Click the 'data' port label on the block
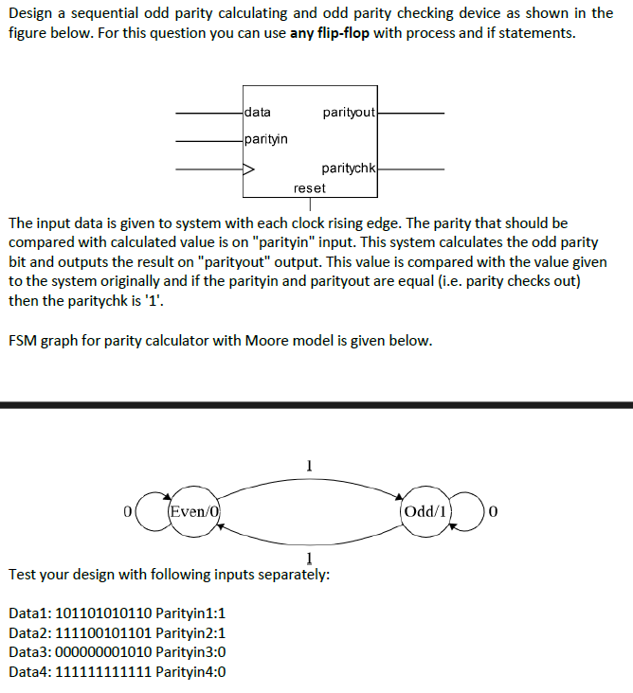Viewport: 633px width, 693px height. click(x=258, y=113)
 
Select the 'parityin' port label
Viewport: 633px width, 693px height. click(x=266, y=139)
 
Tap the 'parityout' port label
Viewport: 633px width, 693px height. click(x=349, y=114)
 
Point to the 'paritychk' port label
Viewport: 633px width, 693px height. click(x=349, y=169)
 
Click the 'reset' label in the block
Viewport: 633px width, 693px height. click(x=310, y=187)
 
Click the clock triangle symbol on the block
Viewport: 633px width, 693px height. click(x=249, y=170)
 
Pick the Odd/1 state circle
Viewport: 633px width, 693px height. click(x=427, y=511)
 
